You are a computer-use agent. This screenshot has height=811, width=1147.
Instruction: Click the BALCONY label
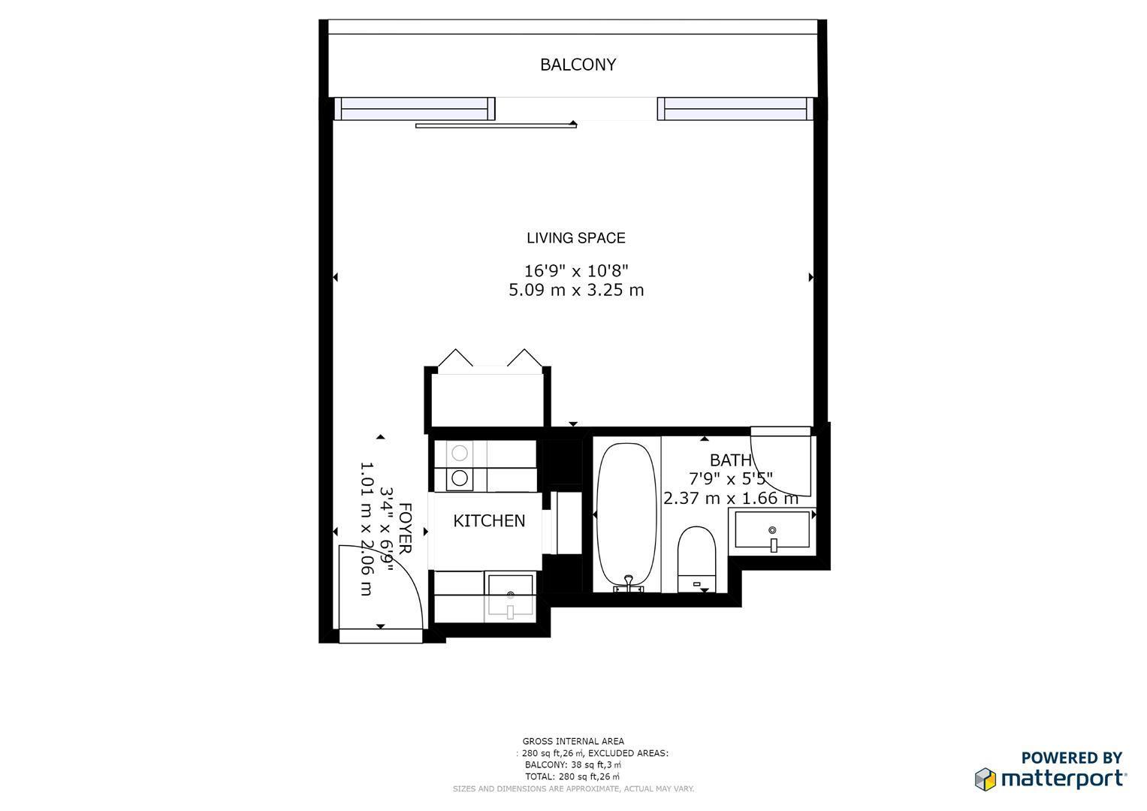(x=578, y=65)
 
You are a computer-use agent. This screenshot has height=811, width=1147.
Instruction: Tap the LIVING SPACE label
(x=575, y=238)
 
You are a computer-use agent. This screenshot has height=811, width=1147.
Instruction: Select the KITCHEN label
(x=489, y=520)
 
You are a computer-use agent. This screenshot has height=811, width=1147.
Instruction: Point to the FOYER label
(x=404, y=529)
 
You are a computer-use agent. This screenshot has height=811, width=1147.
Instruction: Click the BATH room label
(x=730, y=460)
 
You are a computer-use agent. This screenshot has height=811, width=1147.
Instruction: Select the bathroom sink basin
(x=772, y=529)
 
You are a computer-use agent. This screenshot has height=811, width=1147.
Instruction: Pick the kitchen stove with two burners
(x=460, y=466)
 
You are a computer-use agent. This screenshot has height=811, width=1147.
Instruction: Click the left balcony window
(x=414, y=109)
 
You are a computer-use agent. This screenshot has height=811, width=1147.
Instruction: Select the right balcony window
(x=735, y=109)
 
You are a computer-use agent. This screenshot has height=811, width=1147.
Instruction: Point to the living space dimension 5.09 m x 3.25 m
(x=575, y=290)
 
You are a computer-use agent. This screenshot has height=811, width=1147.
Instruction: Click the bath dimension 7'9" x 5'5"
(x=730, y=478)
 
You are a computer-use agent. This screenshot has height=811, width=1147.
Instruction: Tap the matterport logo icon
(x=985, y=779)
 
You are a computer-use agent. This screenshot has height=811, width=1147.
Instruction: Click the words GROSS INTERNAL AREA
(x=573, y=741)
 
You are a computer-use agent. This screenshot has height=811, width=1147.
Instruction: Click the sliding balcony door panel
(x=496, y=125)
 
